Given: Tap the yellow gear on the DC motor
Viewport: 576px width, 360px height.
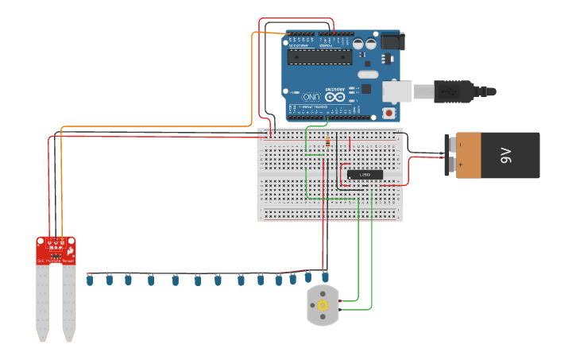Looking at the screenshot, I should point(323,305).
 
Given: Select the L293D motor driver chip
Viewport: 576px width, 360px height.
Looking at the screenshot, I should point(365,174).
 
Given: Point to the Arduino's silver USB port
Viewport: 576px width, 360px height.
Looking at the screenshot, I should point(396,91).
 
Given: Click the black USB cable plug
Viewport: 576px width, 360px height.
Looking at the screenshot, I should point(449,91).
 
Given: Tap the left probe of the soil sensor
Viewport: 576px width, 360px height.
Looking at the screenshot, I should point(42,302).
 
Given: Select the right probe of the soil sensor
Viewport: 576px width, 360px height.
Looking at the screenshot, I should point(69,302).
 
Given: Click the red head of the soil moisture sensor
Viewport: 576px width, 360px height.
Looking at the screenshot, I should point(56,251).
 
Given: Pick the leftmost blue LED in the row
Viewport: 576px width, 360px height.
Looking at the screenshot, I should point(90,280).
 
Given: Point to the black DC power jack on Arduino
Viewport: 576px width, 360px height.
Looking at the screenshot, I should point(391,41).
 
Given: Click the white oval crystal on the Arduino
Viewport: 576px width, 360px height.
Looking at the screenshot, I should point(368,75).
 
